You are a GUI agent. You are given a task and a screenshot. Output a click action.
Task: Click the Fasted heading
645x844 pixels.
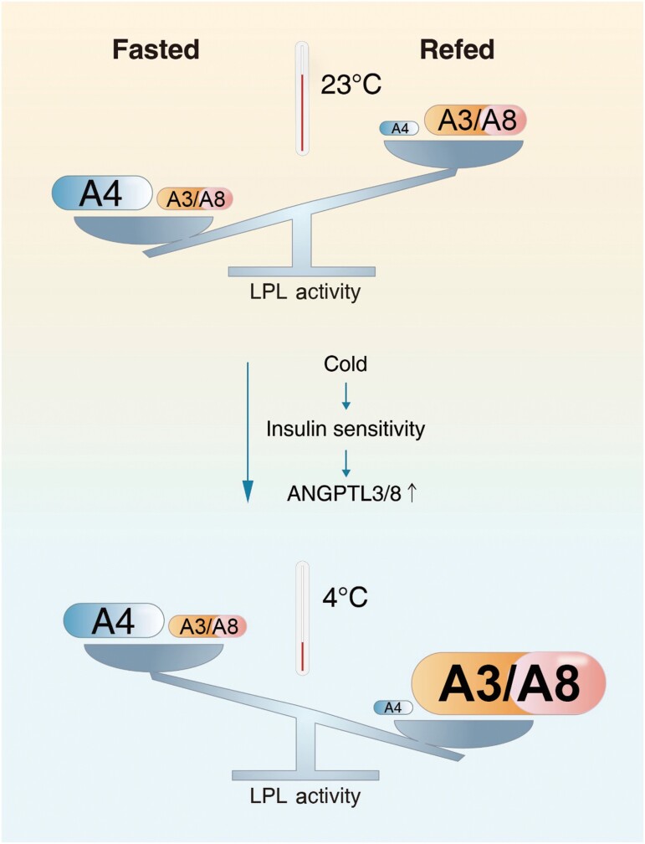click(x=156, y=50)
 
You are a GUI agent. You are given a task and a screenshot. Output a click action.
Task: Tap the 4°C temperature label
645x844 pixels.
click(x=346, y=600)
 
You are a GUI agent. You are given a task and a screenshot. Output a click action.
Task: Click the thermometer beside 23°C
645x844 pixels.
click(x=302, y=100)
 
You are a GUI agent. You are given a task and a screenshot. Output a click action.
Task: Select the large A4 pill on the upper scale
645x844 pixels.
click(x=101, y=193)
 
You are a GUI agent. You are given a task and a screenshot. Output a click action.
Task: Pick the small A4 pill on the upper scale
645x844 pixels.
click(x=400, y=128)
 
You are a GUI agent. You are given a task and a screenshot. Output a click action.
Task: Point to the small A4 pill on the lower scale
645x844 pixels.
click(x=392, y=708)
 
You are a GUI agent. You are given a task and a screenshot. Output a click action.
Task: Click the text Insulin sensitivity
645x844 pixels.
click(x=346, y=430)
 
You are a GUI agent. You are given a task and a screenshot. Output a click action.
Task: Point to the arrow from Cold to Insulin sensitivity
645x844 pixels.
click(x=346, y=396)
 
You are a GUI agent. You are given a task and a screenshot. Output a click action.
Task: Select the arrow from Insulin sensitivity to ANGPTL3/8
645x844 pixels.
click(x=346, y=460)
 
